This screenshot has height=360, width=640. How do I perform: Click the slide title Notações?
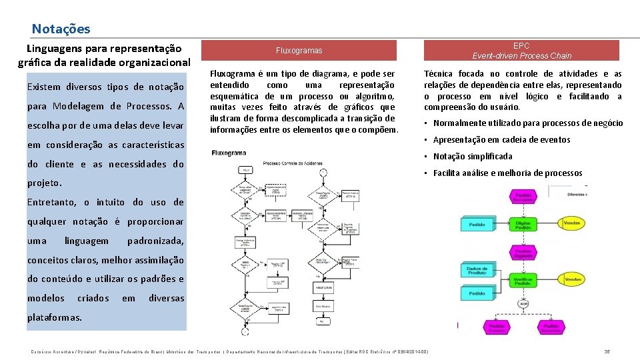(x=61, y=29)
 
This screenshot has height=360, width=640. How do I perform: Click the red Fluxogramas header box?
(x=299, y=51)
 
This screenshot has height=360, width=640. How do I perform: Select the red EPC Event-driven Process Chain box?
(x=522, y=51)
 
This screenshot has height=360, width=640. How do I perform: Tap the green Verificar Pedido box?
(x=523, y=281)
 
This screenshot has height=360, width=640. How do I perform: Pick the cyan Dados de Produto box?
(x=477, y=271)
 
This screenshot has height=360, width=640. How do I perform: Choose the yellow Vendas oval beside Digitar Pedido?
(x=571, y=223)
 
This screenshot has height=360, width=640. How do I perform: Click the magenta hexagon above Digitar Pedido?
(x=523, y=197)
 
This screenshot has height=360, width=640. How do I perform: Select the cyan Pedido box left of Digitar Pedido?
(x=477, y=224)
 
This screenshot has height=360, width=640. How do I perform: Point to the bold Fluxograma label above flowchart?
(x=229, y=153)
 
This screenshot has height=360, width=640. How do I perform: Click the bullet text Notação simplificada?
(x=473, y=156)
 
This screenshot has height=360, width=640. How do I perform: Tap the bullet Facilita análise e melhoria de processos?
(x=507, y=173)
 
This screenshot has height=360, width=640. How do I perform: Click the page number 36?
(x=607, y=351)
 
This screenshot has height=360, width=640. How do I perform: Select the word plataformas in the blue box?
(x=55, y=317)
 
